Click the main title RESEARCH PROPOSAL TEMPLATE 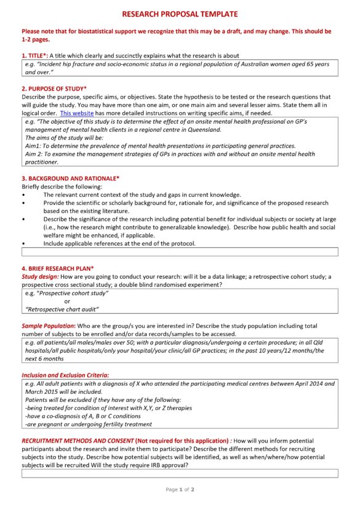(x=180, y=14)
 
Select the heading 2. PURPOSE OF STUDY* (x=54, y=89)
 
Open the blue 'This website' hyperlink (x=77, y=113)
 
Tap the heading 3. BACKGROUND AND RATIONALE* (x=70, y=178)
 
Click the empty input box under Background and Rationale (x=180, y=251)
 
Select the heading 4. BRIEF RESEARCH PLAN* (x=57, y=268)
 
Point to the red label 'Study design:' (x=40, y=277)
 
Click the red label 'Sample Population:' (x=49, y=326)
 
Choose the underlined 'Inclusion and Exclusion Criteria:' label (x=65, y=374)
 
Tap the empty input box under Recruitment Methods (x=180, y=473)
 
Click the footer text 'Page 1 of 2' (x=180, y=490)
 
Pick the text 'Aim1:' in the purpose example (x=34, y=146)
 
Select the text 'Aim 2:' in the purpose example (x=35, y=154)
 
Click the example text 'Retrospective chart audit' (x=62, y=309)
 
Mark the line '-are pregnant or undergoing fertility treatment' (x=89, y=424)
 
